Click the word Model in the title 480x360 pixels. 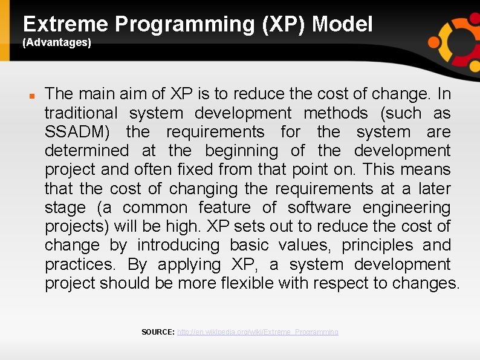point(342,24)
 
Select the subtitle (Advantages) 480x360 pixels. point(57,42)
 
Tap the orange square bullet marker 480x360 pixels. point(32,96)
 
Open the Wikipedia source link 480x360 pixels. point(258,332)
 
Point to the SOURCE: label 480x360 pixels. point(158,332)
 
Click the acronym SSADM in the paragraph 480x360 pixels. point(77,132)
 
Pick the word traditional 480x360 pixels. point(81,113)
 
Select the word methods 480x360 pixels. point(336,113)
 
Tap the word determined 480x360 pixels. point(86,151)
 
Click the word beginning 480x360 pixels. point(242,151)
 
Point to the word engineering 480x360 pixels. point(406,208)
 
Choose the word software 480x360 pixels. point(319,208)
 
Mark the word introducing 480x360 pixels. point(178,246)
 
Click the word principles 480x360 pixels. point(377,246)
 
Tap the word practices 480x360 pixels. point(80,265)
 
